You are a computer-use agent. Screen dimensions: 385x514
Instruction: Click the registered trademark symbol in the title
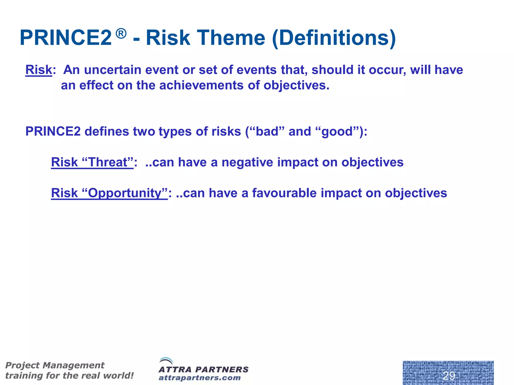(121, 34)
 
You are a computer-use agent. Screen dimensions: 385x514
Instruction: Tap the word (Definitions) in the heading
(334, 38)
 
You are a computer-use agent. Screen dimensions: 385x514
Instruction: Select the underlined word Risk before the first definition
(39, 70)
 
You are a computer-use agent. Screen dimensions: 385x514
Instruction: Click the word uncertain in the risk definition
(113, 70)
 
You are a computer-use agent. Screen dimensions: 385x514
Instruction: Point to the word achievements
(201, 85)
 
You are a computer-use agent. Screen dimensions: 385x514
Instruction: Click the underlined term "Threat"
(108, 162)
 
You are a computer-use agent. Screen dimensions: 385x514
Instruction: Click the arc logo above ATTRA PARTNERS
(166, 361)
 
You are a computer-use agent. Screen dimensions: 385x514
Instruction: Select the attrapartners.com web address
(200, 378)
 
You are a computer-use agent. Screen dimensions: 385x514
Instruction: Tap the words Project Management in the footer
(55, 365)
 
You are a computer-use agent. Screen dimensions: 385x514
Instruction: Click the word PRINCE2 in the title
(66, 38)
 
